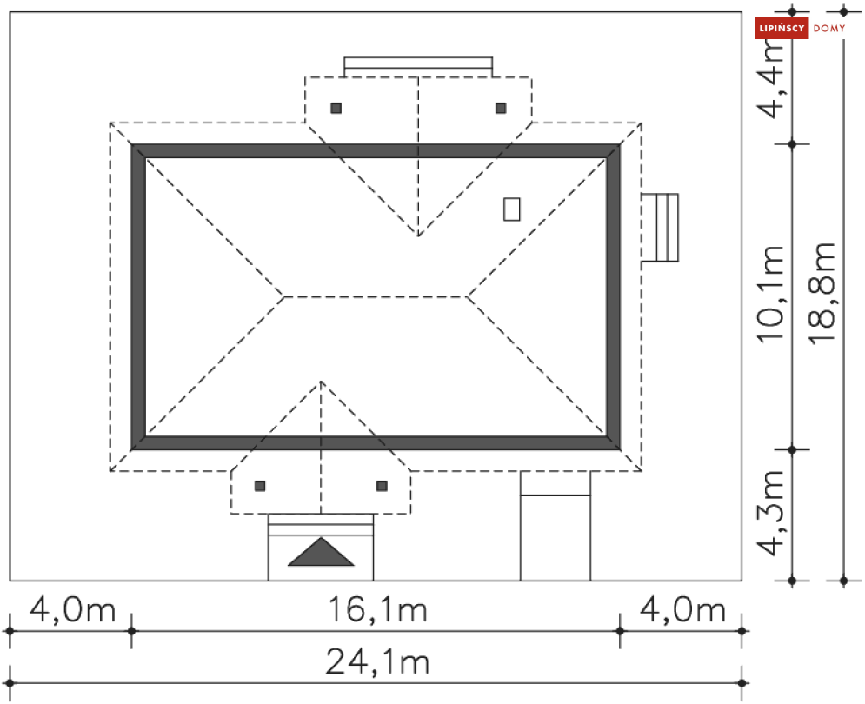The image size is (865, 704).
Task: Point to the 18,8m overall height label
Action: point(822,294)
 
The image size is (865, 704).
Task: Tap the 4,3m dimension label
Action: point(771,513)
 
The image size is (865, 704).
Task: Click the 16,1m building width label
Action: point(378,609)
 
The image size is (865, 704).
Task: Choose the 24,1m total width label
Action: point(378,661)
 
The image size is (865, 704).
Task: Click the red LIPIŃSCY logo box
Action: point(782,28)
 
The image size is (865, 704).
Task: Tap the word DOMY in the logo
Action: point(829,28)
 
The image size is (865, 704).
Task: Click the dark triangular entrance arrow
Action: point(321,552)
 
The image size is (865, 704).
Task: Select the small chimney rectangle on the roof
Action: point(512,209)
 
